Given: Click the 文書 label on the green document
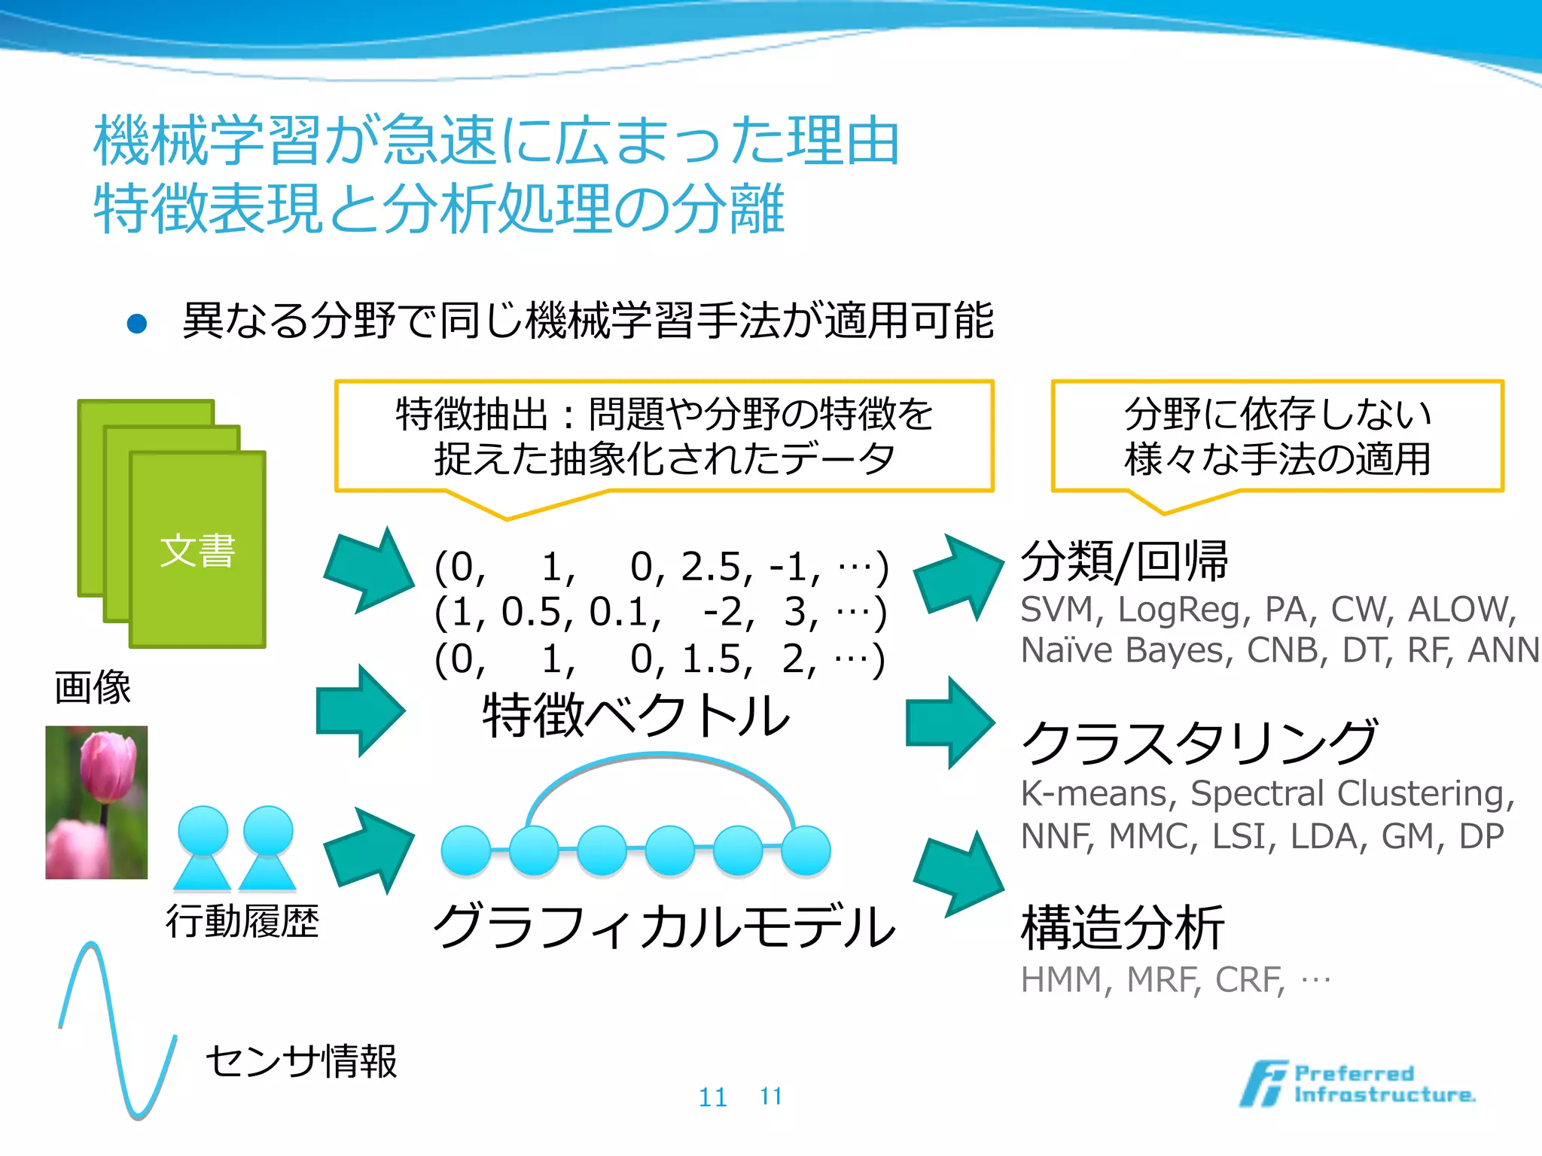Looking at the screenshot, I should [x=197, y=551].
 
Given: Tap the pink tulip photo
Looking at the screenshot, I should [x=96, y=802].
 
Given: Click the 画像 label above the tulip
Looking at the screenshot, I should [x=93, y=688].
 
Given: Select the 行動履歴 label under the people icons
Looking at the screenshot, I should [x=242, y=921].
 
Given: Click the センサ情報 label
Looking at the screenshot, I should [x=301, y=1061].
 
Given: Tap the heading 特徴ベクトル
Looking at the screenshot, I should [x=636, y=715].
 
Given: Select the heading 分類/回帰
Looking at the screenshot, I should [x=1124, y=561].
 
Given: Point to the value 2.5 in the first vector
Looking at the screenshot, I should [x=713, y=567].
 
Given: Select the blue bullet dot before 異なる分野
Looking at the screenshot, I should [x=137, y=324].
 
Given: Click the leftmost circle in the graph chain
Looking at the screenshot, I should [x=466, y=850].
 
